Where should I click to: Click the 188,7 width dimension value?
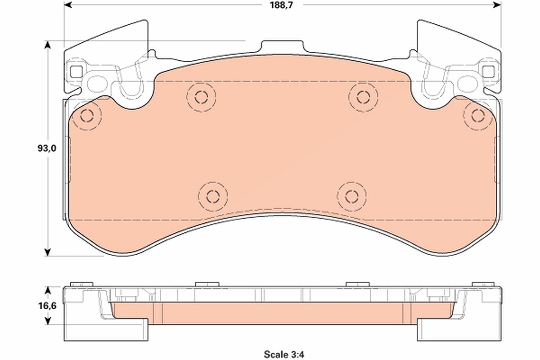pos(281,5)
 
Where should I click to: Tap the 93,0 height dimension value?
pos(47,148)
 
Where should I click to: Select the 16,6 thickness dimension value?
pos(47,306)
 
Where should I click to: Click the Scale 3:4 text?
pos(284,355)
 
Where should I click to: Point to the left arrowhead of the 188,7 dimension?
pos(68,4)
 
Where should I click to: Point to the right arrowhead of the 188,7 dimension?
pos(497,4)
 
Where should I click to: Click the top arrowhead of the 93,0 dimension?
pos(48,45)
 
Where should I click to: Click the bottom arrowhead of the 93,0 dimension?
pos(48,252)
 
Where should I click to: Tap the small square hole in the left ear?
pos(76,72)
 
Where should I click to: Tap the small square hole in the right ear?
pos(488,72)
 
